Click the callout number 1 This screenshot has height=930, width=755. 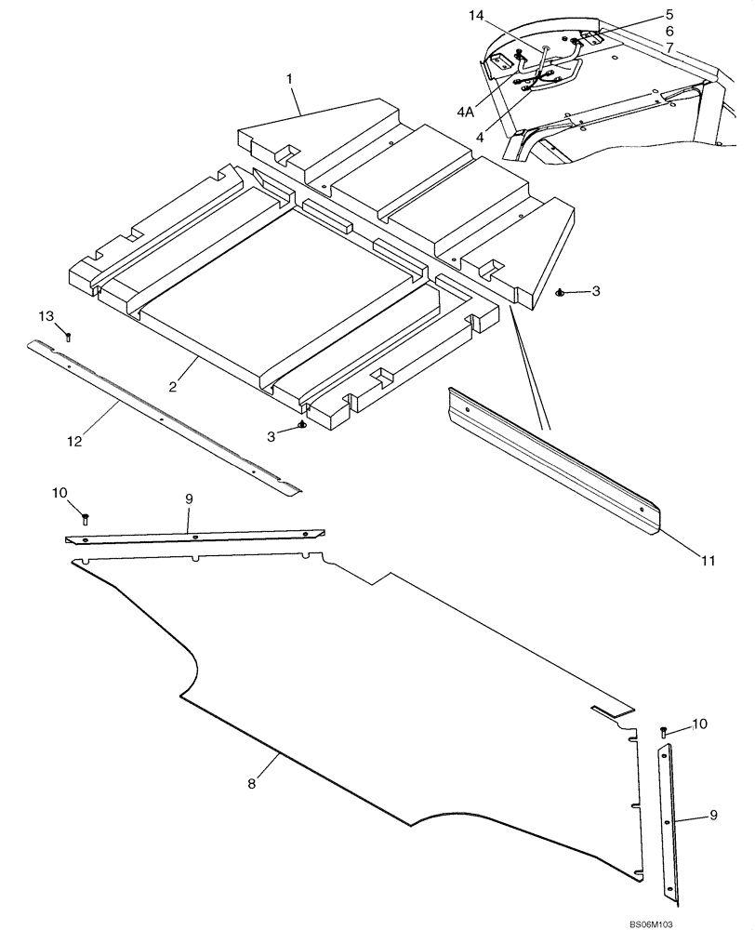coord(291,80)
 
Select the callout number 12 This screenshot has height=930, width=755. coord(74,441)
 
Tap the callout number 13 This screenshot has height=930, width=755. coord(46,317)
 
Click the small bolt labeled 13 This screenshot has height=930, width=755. coord(69,336)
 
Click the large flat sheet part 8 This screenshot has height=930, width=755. coord(372,670)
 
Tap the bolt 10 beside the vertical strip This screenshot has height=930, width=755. coord(663,732)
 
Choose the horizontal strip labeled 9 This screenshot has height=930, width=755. coord(195,538)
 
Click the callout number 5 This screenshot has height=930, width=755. coord(669,15)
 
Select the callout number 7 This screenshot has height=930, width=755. coord(669,46)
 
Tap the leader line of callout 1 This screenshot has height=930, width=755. coord(299,100)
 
